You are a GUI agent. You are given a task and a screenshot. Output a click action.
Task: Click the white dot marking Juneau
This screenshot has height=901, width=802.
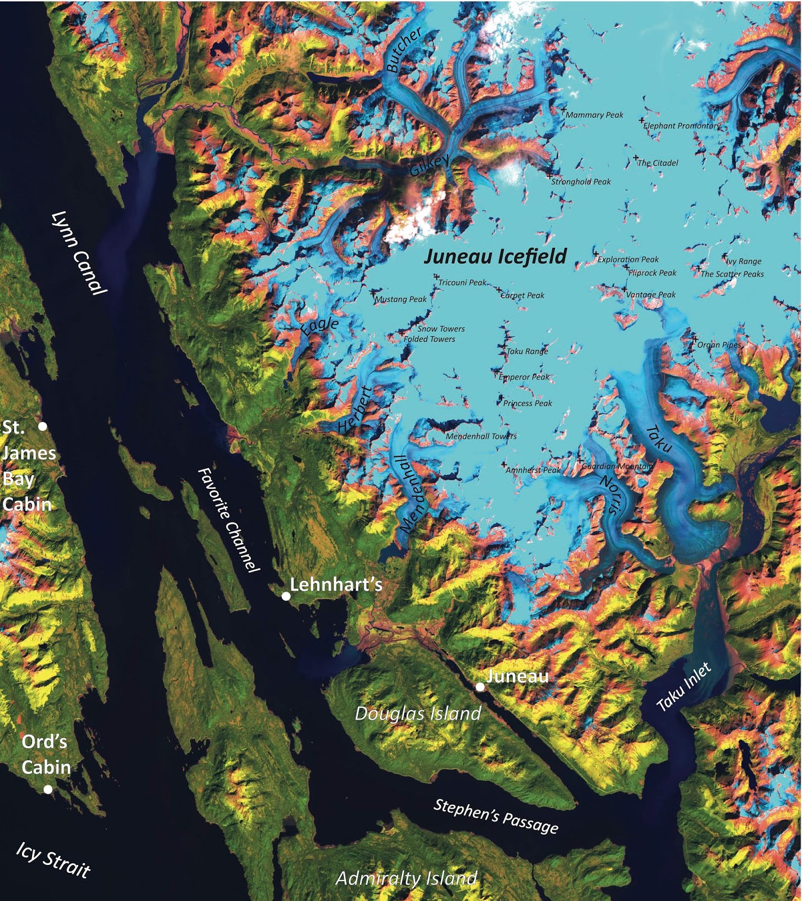tap(480, 686)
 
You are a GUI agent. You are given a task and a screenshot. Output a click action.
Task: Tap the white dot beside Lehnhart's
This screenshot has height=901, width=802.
tap(286, 596)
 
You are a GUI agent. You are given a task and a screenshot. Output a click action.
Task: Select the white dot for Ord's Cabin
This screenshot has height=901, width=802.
tap(48, 790)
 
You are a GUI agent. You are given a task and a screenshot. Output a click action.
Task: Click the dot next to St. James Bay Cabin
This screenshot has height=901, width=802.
tap(42, 426)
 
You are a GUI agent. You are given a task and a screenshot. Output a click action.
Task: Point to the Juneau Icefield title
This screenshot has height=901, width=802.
tap(495, 256)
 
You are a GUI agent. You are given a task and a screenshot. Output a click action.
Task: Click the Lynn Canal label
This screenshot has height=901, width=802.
tap(78, 252)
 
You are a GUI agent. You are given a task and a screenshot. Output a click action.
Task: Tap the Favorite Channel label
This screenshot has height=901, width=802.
tap(228, 519)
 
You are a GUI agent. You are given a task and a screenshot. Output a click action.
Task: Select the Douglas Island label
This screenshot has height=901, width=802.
tap(418, 713)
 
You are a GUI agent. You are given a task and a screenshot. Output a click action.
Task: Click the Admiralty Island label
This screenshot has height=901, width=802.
tap(406, 878)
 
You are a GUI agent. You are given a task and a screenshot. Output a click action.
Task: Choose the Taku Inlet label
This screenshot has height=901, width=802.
tap(684, 686)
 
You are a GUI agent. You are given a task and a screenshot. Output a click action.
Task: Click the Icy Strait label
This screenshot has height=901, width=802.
tap(53, 860)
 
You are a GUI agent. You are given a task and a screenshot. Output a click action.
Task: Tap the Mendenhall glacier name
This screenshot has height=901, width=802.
tap(411, 494)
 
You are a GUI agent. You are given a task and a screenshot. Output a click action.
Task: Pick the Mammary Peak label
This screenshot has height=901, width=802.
tap(595, 115)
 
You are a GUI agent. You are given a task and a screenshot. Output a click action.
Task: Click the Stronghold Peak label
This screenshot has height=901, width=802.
tap(581, 182)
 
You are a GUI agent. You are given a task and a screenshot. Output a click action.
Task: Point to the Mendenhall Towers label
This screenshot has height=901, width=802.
tap(481, 436)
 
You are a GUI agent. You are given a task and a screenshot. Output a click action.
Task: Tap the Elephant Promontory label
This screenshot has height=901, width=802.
tap(682, 126)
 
